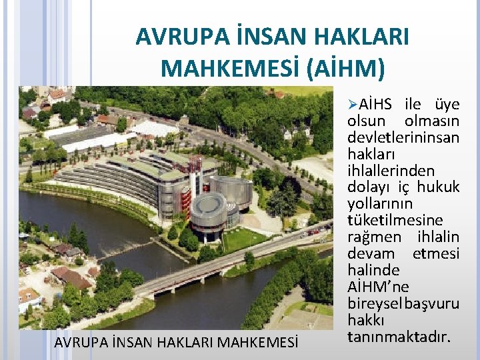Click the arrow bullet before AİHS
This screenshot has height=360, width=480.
coord(353,105)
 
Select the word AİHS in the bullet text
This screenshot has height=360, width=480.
coord(378,105)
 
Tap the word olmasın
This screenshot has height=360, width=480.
coord(433,121)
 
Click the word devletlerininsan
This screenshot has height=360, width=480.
coord(403,137)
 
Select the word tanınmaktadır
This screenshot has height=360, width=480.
coord(399,336)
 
